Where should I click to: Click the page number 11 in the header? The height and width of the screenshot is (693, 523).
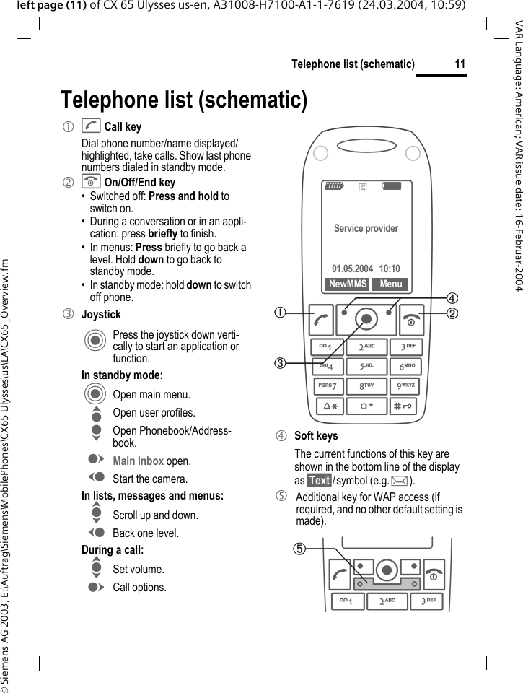(460, 65)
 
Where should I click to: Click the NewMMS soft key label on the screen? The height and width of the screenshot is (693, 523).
(348, 284)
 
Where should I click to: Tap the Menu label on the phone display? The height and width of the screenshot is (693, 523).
(390, 284)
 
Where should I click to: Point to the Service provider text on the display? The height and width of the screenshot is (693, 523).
(366, 229)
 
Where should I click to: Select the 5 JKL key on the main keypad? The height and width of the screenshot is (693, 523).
(366, 367)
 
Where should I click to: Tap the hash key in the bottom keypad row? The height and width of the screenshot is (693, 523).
(408, 408)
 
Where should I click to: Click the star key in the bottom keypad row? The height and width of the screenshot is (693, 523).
(328, 408)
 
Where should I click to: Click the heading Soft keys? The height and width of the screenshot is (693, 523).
(316, 436)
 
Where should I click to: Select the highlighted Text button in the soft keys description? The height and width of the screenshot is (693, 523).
(319, 480)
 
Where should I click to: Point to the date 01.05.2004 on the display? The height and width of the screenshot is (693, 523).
(352, 269)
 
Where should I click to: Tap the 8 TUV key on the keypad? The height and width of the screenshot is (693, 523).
(366, 388)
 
